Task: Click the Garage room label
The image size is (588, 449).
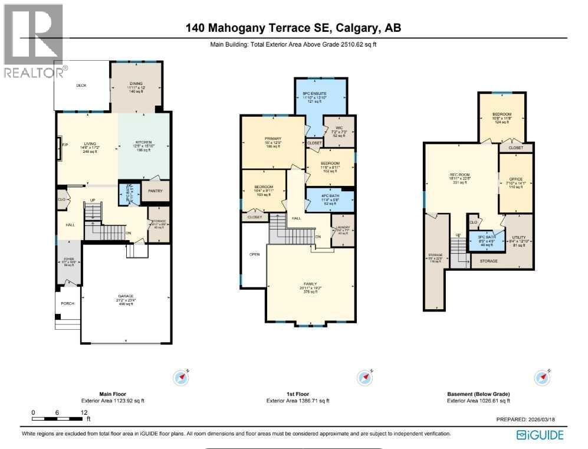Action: pyautogui.click(x=126, y=296)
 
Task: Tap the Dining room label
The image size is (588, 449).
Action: pyautogui.click(x=136, y=84)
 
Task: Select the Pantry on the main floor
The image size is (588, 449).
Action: pyautogui.click(x=155, y=191)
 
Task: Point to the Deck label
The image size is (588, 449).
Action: pyautogui.click(x=81, y=86)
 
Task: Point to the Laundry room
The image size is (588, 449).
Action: pyautogui.click(x=343, y=230)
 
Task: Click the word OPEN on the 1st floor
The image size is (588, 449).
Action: pyautogui.click(x=255, y=255)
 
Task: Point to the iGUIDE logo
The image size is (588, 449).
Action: pyautogui.click(x=540, y=435)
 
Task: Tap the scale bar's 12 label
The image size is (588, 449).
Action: pyautogui.click(x=84, y=412)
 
